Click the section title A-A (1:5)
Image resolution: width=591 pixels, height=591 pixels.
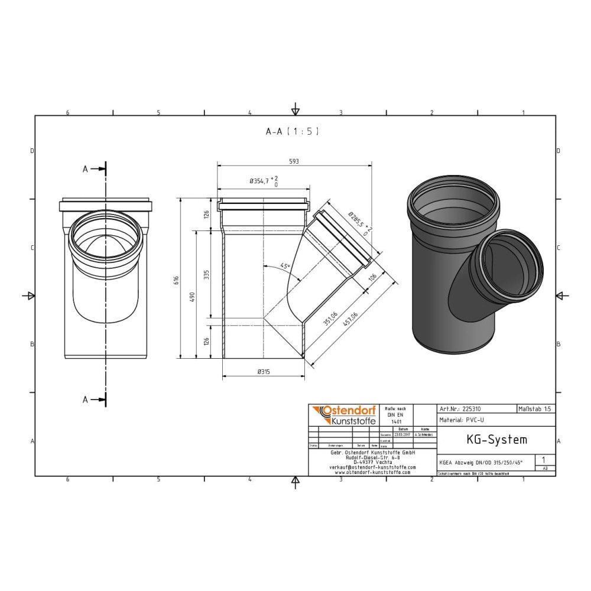pos(292,132)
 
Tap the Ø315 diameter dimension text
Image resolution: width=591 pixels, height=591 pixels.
pos(263,371)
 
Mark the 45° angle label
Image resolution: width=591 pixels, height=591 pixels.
pos(285,267)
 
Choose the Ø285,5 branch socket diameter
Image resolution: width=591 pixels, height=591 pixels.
pos(357,223)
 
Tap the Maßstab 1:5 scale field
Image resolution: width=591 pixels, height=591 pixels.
pos(535,408)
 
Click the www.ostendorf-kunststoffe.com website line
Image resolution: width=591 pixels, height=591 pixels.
pos(372,472)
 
